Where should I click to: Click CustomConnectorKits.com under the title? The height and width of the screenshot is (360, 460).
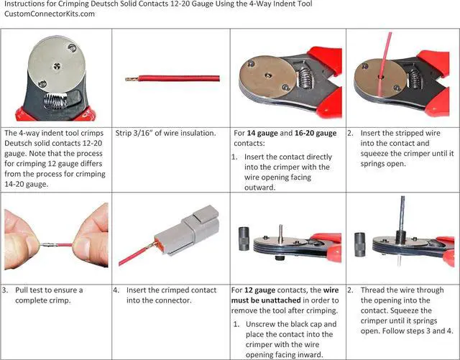click(50, 14)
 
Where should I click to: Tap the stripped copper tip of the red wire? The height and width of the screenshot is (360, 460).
click(132, 79)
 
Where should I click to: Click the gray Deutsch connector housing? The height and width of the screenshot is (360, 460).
click(188, 229)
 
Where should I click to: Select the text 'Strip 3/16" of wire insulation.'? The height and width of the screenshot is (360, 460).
click(165, 133)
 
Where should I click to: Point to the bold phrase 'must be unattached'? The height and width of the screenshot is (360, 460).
click(266, 300)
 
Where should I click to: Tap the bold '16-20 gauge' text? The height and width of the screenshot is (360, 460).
click(316, 133)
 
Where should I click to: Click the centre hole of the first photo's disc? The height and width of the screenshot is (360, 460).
click(57, 66)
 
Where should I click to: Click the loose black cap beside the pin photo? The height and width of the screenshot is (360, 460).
click(244, 239)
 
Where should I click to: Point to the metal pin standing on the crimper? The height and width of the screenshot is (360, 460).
click(281, 234)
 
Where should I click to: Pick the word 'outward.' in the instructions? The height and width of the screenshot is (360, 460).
click(260, 188)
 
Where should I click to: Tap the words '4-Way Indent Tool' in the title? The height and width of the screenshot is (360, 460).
click(281, 4)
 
